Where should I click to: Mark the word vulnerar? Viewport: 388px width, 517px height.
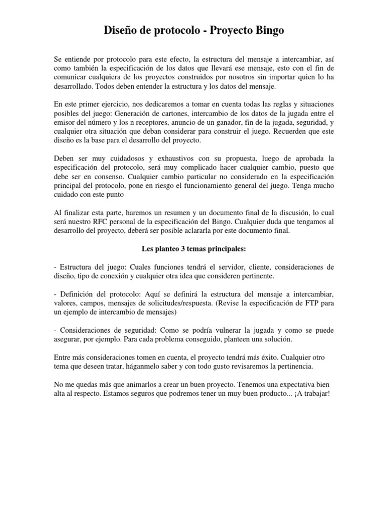(237, 331)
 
